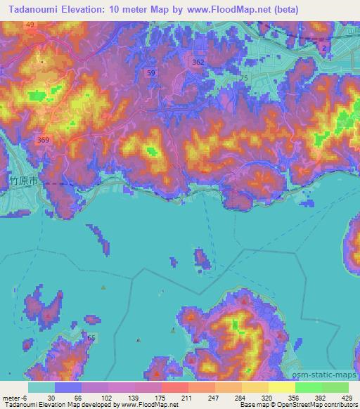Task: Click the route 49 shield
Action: click(30, 25)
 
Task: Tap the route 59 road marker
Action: click(151, 72)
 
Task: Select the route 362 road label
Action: click(198, 63)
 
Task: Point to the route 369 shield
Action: click(44, 140)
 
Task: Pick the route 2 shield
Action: click(323, 47)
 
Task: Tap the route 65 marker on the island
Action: click(91, 338)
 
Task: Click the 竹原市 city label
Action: click(27, 181)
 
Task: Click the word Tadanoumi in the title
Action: click(32, 10)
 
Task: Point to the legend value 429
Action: click(347, 398)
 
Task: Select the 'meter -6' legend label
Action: click(14, 398)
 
